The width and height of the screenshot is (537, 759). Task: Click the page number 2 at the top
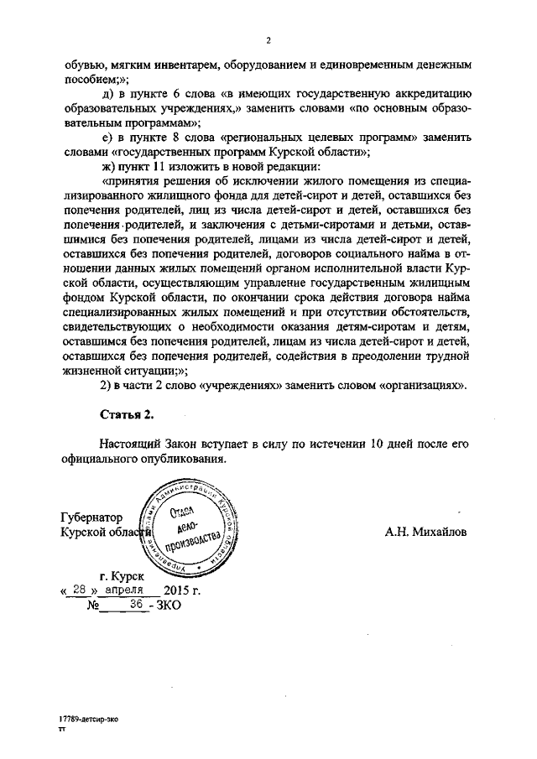pos(268,39)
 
